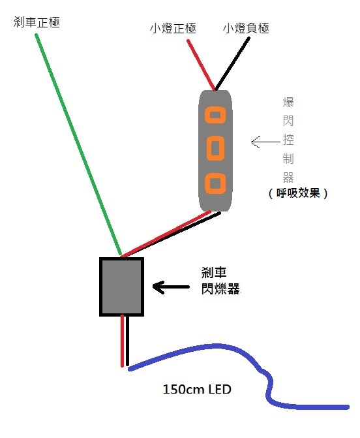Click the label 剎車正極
tap(37, 22)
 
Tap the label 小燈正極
tap(173, 28)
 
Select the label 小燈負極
tap(246, 28)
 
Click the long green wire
tap(78, 144)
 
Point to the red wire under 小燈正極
tap(202, 65)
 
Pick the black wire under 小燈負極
tap(232, 64)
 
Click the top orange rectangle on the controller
tap(215, 115)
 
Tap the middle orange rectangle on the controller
tap(215, 148)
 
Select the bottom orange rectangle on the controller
tap(215, 183)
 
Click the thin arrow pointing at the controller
tap(265, 142)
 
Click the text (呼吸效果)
tap(298, 193)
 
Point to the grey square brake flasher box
tap(122, 287)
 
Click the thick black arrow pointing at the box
tap(171, 287)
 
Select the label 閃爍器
tap(220, 289)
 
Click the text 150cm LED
tap(197, 389)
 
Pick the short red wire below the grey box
tap(122, 341)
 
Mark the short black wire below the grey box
tap(127, 341)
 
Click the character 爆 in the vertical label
tap(288, 102)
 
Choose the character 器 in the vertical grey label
tap(288, 178)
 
